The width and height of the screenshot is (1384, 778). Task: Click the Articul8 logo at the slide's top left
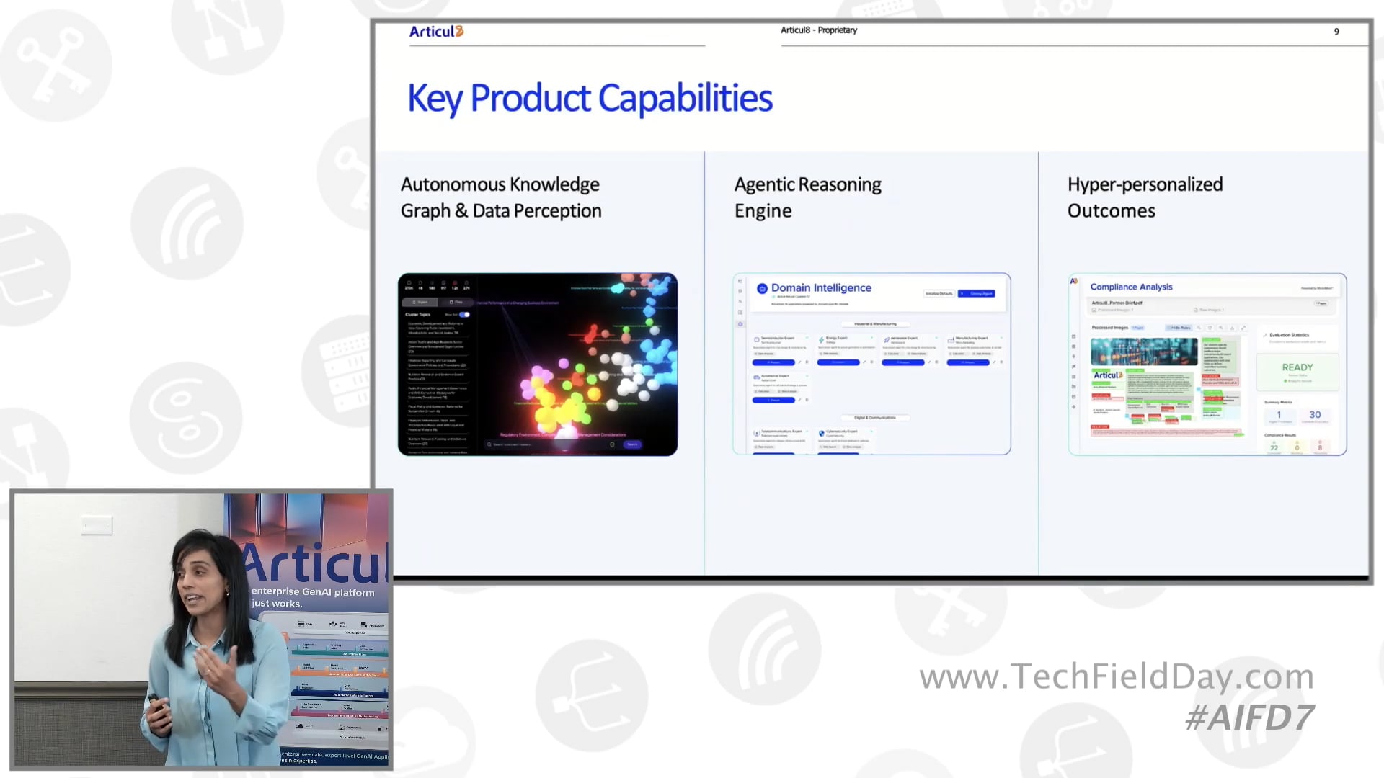point(436,32)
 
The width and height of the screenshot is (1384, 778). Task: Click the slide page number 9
point(1336,32)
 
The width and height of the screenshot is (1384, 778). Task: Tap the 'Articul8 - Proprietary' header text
point(818,30)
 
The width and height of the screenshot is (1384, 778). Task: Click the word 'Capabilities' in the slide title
point(685,99)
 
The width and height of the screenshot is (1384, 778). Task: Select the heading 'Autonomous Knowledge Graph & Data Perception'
point(501,197)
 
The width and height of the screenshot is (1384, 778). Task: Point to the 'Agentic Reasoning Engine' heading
point(807,197)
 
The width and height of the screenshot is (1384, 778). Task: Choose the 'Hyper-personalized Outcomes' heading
point(1145,197)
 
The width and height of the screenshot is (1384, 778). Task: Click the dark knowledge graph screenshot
point(538,365)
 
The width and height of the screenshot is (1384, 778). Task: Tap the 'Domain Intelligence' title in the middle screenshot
point(821,288)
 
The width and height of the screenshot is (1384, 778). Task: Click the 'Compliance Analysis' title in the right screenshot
point(1131,287)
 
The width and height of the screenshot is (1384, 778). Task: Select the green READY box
point(1297,370)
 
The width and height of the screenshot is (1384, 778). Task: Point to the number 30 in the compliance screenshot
point(1315,415)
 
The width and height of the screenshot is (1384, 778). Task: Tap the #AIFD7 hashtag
point(1249,718)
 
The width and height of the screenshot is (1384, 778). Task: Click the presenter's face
point(199,581)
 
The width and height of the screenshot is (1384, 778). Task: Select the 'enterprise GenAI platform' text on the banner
point(313,592)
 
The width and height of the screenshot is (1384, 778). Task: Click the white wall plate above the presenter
point(97,526)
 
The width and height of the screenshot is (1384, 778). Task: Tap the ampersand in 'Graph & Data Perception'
point(461,211)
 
